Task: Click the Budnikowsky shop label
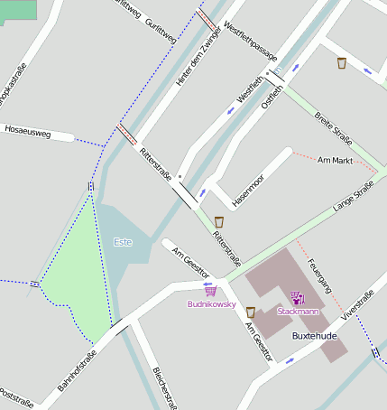[210, 304]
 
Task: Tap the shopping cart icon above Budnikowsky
[210, 291]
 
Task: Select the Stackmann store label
[298, 311]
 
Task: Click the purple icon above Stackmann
[298, 296]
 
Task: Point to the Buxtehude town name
[315, 336]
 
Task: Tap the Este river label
[123, 242]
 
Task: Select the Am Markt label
[336, 160]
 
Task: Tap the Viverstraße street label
[356, 308]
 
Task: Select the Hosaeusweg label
[27, 134]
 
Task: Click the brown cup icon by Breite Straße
[342, 63]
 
